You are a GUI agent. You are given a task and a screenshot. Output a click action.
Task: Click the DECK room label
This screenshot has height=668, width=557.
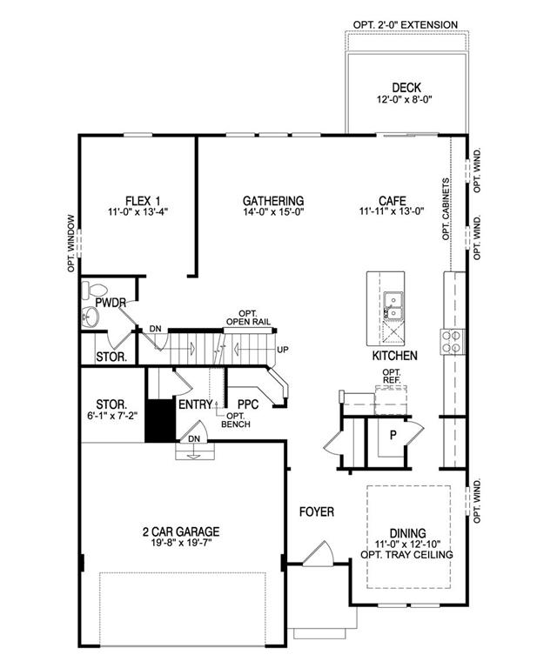click(406, 88)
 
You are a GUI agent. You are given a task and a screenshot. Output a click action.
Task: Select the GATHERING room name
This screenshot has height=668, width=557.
click(273, 201)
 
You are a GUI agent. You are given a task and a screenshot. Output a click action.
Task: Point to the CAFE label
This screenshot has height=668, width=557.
click(392, 201)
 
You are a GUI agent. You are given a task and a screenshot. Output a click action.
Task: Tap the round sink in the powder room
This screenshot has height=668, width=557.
click(91, 317)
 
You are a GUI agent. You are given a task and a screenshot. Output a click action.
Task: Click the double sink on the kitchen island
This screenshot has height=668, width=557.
click(393, 306)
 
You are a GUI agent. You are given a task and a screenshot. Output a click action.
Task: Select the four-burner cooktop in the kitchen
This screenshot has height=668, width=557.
click(452, 341)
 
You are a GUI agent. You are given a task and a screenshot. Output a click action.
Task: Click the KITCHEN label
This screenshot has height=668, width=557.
click(394, 356)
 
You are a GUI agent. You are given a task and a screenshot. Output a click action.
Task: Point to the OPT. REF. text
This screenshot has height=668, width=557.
click(392, 376)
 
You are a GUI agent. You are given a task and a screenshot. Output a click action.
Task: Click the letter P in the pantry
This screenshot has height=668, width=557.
click(393, 435)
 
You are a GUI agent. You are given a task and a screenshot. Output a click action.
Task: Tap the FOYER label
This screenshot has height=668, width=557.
click(317, 511)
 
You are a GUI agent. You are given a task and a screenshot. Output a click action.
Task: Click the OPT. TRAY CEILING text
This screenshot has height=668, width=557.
click(406, 555)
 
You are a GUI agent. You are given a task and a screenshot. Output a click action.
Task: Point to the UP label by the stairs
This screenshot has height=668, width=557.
click(283, 350)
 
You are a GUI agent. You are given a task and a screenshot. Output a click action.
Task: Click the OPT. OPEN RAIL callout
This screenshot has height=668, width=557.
click(248, 317)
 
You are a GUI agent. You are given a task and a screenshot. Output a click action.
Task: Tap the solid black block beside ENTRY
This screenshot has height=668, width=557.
click(160, 420)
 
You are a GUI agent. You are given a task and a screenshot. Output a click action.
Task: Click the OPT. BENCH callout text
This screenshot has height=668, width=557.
click(236, 420)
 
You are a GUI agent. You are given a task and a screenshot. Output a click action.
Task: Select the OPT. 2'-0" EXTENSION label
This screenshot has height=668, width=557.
click(406, 24)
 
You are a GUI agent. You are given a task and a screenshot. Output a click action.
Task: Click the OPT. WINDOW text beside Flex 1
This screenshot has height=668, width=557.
click(71, 244)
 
